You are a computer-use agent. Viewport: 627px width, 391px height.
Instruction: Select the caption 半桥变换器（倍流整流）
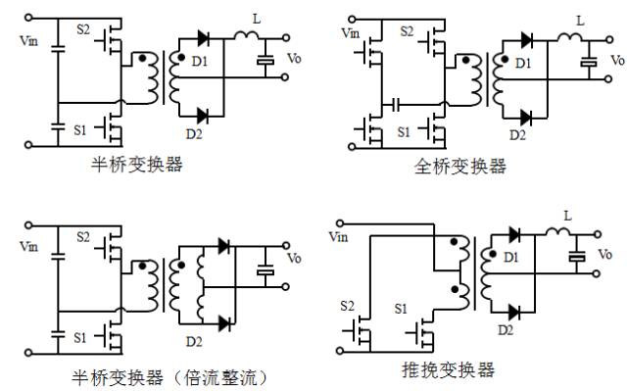click(168, 376)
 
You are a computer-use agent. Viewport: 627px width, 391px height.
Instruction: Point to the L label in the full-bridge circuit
click(580, 21)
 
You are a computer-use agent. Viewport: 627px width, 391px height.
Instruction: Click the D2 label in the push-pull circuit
click(505, 330)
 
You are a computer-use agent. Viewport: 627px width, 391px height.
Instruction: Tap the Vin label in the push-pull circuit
click(338, 236)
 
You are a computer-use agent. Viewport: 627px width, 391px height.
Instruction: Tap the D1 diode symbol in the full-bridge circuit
click(526, 40)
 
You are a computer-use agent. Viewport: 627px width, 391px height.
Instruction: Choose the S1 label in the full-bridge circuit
click(404, 130)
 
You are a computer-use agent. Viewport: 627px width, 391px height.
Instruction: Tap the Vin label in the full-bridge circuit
click(350, 33)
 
